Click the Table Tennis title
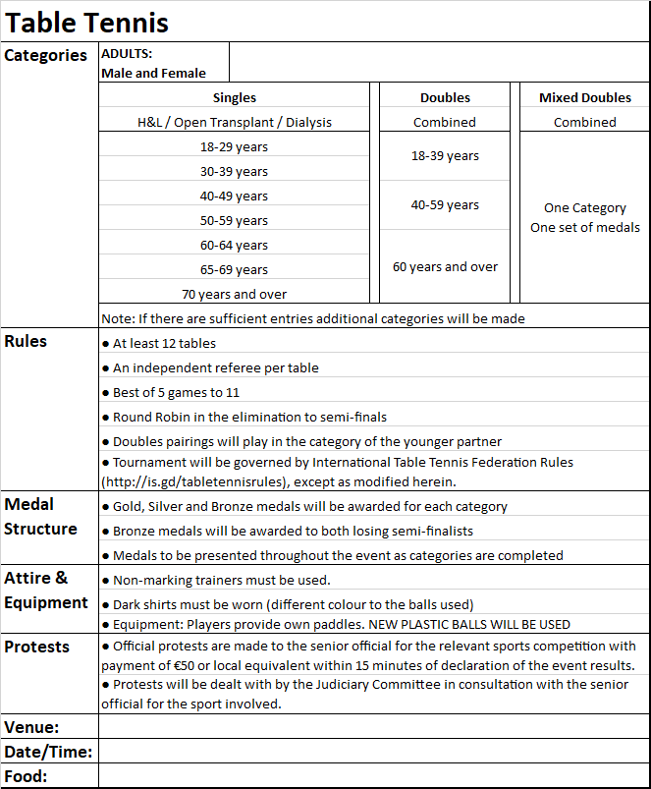point(87,22)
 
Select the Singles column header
point(234,97)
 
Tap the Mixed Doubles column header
point(584,97)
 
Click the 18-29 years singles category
point(234,146)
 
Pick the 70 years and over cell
point(234,294)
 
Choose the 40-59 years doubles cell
point(445,205)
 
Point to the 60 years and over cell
point(445,266)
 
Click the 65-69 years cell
point(234,269)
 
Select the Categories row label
point(45,55)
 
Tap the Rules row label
point(26,341)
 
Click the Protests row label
point(37,647)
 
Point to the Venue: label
point(31,727)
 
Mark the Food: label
point(27,776)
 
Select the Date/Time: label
point(48,752)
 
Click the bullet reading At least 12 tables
point(163,343)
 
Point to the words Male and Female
point(153,73)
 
